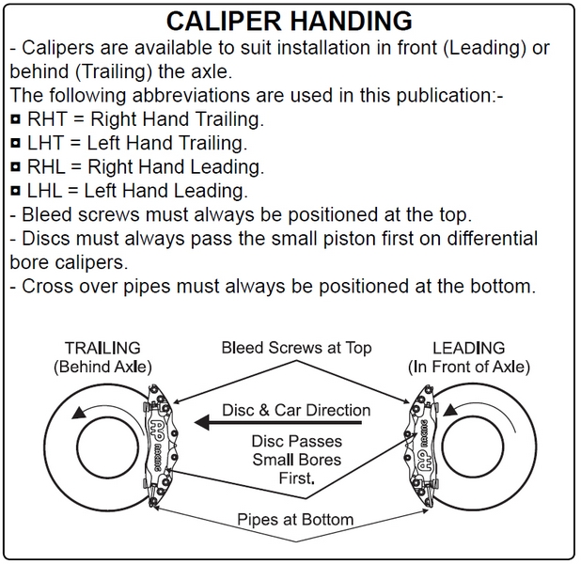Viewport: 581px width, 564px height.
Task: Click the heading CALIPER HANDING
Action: [289, 21]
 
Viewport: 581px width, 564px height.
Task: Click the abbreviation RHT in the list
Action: [48, 120]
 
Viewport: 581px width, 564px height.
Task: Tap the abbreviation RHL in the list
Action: [47, 167]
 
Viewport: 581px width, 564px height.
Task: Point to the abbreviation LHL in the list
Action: [45, 191]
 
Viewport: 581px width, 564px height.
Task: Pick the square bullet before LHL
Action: [16, 192]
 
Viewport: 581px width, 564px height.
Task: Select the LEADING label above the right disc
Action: [469, 348]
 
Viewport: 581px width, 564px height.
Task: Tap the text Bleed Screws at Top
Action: [296, 348]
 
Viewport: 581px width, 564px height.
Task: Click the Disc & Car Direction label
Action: [296, 410]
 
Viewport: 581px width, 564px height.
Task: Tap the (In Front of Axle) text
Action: [469, 366]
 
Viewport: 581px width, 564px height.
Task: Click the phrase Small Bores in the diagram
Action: [296, 461]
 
